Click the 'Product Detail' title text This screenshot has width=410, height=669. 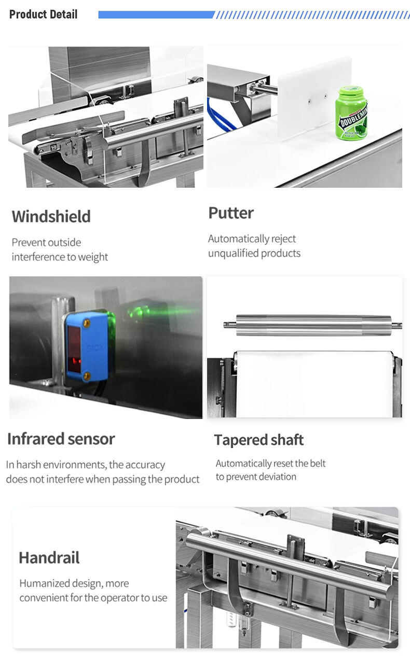point(43,15)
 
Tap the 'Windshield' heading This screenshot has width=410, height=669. point(51,216)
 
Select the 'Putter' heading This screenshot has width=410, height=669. point(231,213)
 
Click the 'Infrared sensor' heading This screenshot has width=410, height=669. point(61,439)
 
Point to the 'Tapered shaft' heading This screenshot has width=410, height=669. point(259,440)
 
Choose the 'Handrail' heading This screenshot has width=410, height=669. point(49,558)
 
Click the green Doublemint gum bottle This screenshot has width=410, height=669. point(351,113)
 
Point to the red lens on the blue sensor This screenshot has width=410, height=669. point(74,349)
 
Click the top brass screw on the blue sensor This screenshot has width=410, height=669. point(87,323)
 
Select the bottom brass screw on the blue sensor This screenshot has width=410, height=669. point(87,377)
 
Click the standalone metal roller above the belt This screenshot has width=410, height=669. point(312,325)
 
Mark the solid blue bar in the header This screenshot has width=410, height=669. point(156,15)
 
